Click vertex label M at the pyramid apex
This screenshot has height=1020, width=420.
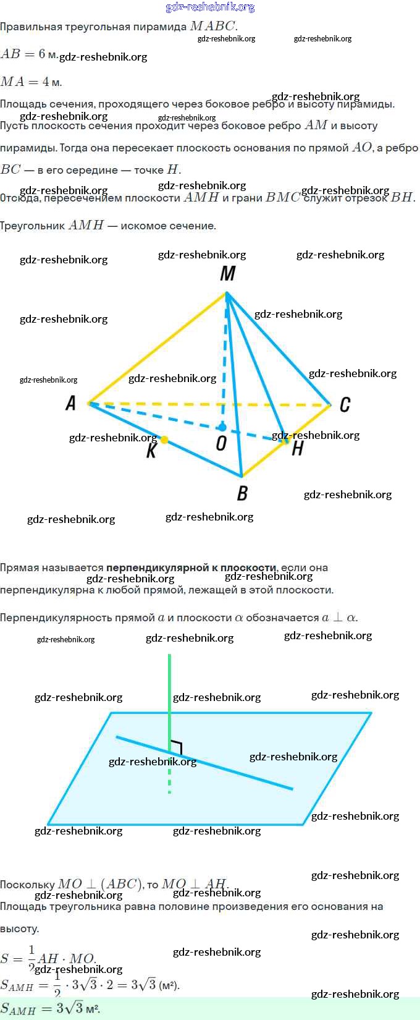tap(228, 273)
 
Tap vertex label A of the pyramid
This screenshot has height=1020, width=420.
tap(71, 404)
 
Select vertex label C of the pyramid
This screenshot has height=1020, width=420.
tap(345, 404)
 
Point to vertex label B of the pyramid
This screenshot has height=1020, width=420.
tap(242, 493)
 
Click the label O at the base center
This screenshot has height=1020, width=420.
tap(221, 443)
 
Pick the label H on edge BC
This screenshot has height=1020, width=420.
tap(297, 449)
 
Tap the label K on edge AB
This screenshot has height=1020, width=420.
tap(151, 451)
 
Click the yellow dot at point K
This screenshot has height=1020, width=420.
tap(164, 440)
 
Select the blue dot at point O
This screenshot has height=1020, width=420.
tap(222, 427)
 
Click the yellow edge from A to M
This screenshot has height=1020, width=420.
tap(157, 348)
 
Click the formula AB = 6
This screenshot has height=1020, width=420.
tap(29, 54)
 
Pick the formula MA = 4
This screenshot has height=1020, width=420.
tap(31, 82)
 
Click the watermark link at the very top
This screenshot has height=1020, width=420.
tap(210, 7)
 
